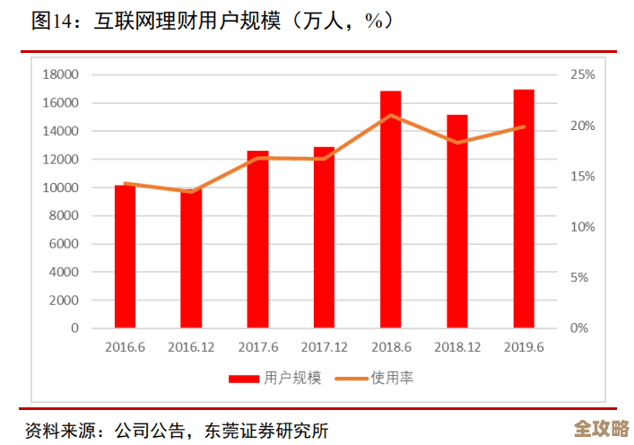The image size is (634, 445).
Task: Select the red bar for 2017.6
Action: (258, 239)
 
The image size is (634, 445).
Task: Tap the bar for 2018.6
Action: (391, 209)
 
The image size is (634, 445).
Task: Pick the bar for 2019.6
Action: (524, 208)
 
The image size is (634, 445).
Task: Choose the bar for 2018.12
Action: (457, 221)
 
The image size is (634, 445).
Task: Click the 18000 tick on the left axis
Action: (60, 74)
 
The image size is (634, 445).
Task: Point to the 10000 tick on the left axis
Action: (60, 188)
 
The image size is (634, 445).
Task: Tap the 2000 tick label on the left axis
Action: (64, 300)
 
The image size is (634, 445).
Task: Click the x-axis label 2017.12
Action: (325, 346)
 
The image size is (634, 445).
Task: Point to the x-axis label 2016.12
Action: (191, 346)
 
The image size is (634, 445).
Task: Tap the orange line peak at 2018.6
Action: (391, 115)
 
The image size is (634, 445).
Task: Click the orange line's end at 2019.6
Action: (524, 127)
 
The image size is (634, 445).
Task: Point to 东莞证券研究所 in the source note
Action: (274, 430)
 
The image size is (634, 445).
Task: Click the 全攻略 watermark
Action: (602, 427)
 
